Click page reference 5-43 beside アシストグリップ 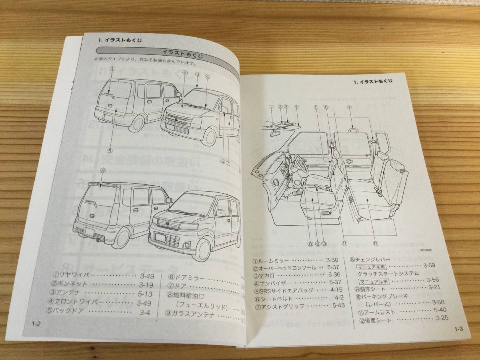pos(338,306)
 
